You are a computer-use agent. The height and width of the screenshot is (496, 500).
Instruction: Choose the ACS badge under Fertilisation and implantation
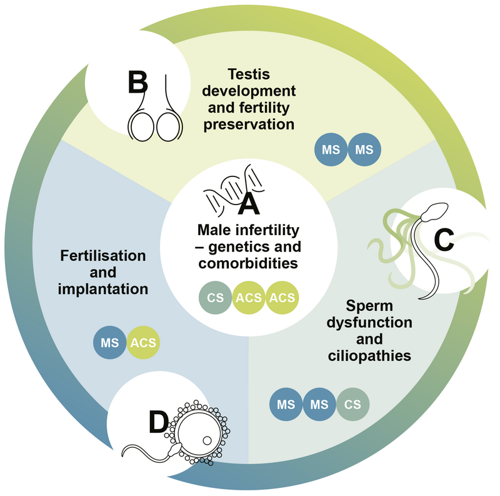pos(143,342)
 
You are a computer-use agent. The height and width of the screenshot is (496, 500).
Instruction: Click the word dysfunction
pos(370,323)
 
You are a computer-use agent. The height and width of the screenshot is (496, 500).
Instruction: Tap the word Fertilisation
pos(103,256)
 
